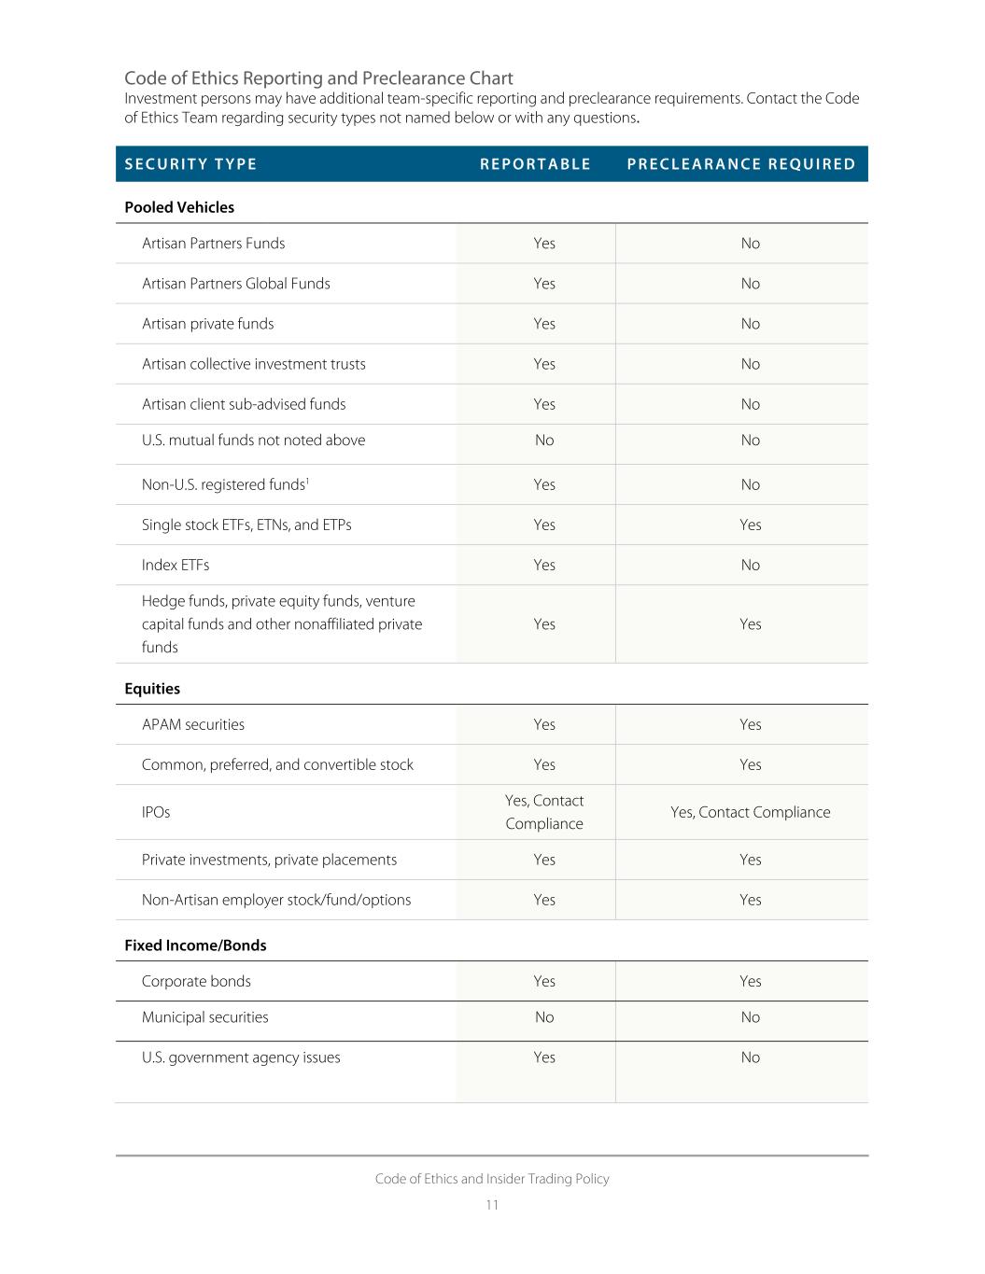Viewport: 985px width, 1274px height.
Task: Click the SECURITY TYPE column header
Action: click(190, 164)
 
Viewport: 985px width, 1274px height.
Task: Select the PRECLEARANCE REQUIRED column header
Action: click(741, 164)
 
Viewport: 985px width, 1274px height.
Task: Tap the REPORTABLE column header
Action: click(535, 164)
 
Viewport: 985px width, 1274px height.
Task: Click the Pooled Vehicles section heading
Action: click(179, 207)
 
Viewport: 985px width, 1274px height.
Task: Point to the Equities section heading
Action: click(152, 689)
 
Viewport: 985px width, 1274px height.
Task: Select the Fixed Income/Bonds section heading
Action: click(195, 945)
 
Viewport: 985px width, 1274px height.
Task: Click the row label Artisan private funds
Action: click(207, 324)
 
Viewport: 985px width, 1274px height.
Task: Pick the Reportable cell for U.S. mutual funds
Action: click(544, 441)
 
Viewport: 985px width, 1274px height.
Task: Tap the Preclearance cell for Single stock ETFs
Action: click(751, 525)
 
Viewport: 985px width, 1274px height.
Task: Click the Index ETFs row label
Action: click(176, 565)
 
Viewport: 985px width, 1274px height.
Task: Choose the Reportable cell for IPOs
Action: click(544, 812)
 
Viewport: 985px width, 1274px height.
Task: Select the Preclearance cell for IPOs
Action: click(751, 812)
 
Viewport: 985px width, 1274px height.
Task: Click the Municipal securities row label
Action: click(204, 1017)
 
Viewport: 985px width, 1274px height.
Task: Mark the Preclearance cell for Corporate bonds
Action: click(751, 981)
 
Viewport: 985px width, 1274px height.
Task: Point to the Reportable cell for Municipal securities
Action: click(544, 1017)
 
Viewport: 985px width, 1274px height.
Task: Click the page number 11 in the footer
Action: click(492, 1205)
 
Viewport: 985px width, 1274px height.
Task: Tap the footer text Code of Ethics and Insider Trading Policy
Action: click(492, 1179)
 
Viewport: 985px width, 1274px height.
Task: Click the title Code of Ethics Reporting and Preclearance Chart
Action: click(318, 78)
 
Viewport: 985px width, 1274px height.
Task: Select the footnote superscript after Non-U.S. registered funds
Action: click(307, 480)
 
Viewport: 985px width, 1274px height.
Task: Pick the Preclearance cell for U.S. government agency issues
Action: click(751, 1057)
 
